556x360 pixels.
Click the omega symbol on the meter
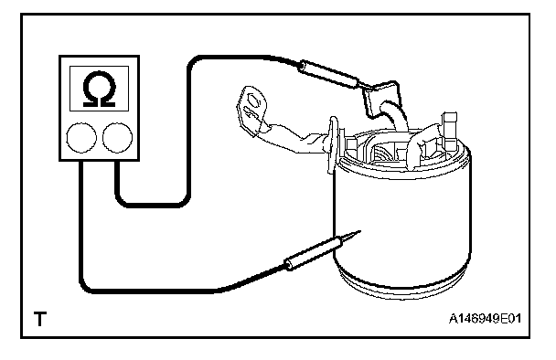click(99, 89)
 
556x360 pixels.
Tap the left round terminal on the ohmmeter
click(81, 138)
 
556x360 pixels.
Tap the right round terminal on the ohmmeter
click(117, 138)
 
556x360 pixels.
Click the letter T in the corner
click(40, 319)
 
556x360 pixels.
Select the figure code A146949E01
click(485, 319)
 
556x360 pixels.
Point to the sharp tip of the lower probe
click(360, 231)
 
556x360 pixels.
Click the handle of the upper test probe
click(328, 74)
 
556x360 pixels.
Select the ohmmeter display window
click(99, 89)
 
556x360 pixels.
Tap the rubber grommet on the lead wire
click(333, 144)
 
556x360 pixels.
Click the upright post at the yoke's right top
click(449, 131)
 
